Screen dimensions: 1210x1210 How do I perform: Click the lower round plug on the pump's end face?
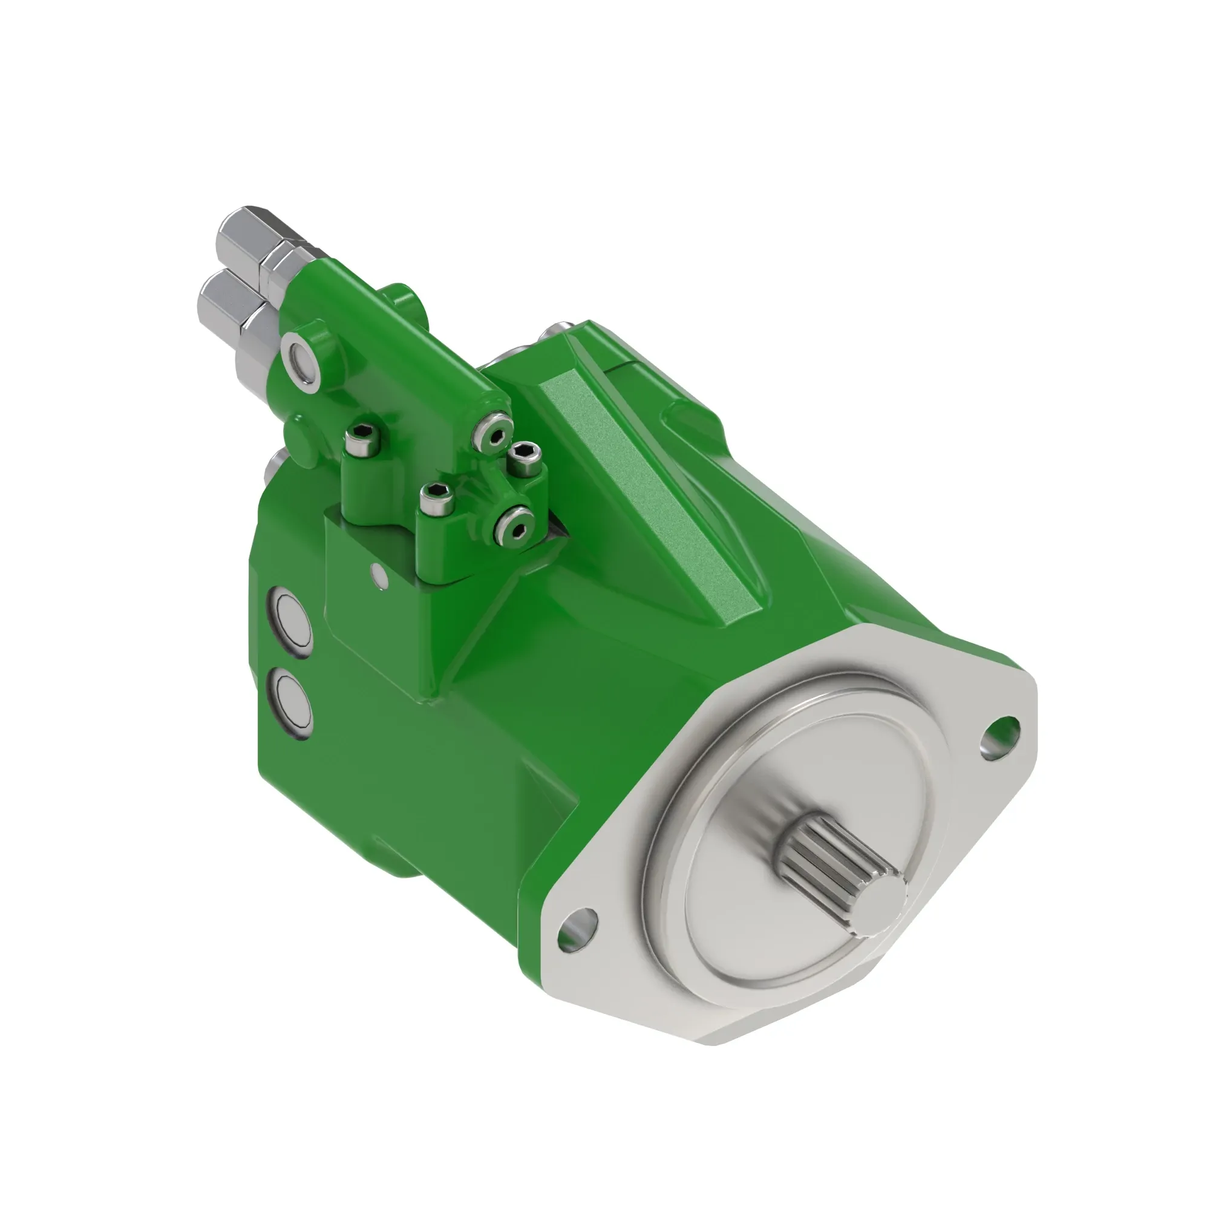click(x=290, y=702)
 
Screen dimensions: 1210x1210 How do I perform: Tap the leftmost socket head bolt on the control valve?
click(x=363, y=438)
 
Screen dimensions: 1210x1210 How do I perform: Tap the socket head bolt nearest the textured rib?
click(x=525, y=459)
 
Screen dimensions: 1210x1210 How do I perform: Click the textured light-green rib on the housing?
click(x=652, y=495)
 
